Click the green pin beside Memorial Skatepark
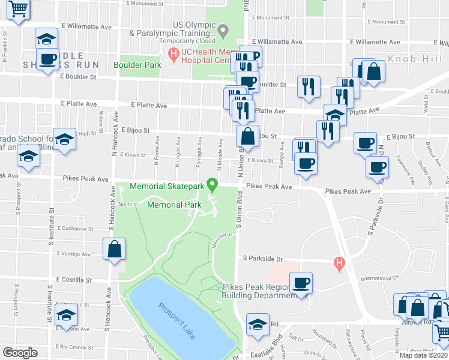pos(211,184)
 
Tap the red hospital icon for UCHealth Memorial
pos(174,56)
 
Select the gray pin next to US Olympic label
pos(223,30)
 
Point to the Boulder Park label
pos(137,64)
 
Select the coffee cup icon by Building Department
pos(301,283)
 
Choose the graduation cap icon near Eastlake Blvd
pos(258,325)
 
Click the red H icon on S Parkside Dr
pos(340,263)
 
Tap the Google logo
pos(20,353)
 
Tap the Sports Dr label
pos(128,204)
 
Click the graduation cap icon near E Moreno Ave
pos(66,314)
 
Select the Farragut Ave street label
pos(199,151)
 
